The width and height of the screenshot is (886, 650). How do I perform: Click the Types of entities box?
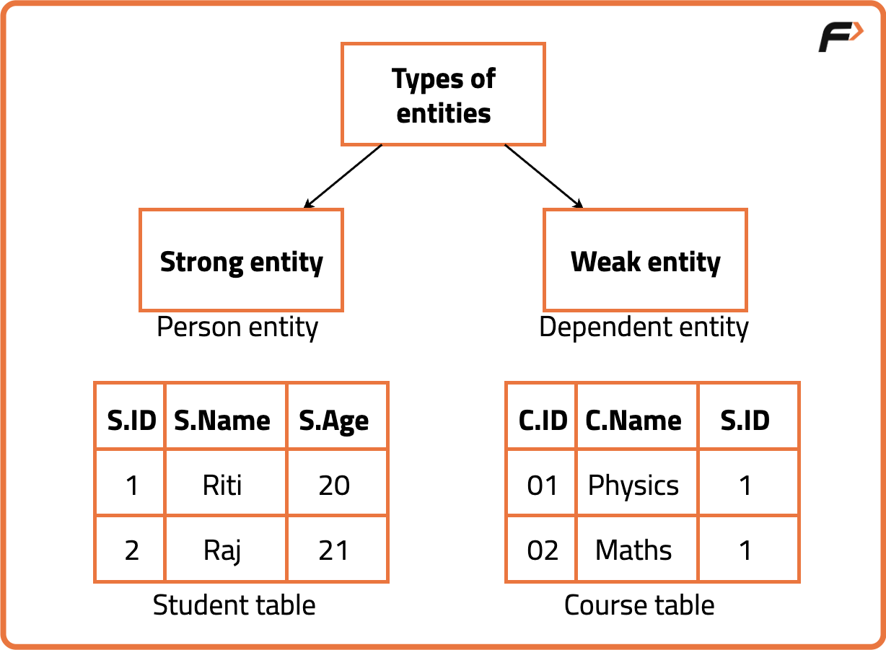[x=443, y=95]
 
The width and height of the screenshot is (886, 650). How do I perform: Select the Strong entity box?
[x=241, y=260]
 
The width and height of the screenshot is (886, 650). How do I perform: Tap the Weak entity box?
[x=645, y=260]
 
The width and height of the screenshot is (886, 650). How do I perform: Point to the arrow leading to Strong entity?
[x=343, y=176]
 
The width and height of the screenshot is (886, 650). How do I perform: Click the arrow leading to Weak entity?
[x=543, y=176]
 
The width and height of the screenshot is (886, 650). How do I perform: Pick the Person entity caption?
[x=237, y=328]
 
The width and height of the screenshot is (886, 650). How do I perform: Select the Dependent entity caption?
[x=644, y=328]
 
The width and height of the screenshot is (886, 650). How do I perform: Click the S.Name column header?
[x=222, y=420]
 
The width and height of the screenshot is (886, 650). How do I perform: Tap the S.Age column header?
[x=334, y=420]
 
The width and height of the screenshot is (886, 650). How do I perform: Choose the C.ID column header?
[x=543, y=420]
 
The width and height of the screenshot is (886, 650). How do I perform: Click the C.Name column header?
[x=633, y=420]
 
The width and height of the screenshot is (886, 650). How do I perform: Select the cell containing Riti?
[x=222, y=485]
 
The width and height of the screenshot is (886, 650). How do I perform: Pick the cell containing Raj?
[x=222, y=550]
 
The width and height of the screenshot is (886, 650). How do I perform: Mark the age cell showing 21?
[x=334, y=550]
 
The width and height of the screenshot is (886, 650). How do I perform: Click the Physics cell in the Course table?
[x=633, y=485]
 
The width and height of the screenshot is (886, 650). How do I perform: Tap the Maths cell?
[x=633, y=550]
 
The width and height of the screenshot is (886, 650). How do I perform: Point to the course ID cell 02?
[x=543, y=550]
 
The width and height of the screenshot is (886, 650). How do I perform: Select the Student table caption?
[x=234, y=605]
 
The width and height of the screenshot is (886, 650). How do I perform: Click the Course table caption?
[x=639, y=605]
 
